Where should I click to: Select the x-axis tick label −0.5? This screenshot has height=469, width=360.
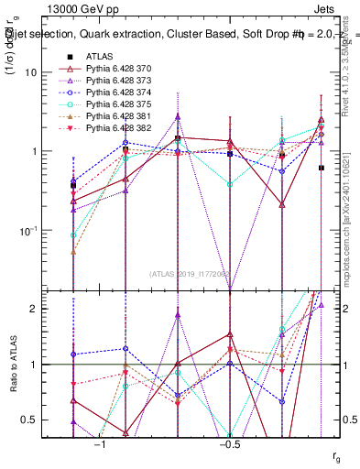[x=228, y=443]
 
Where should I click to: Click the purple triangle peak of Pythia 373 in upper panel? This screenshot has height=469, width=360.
[x=178, y=117]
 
